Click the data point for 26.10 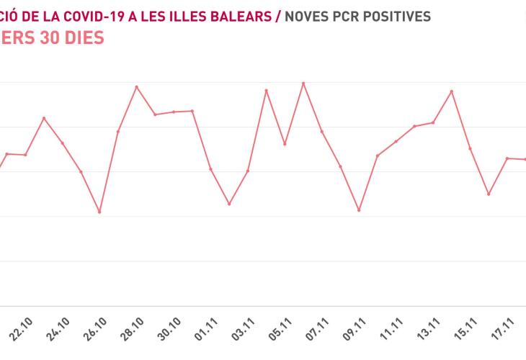click(99, 212)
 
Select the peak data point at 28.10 click(137, 87)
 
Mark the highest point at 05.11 click(303, 83)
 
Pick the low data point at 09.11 click(359, 210)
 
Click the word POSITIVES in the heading click(395, 16)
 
